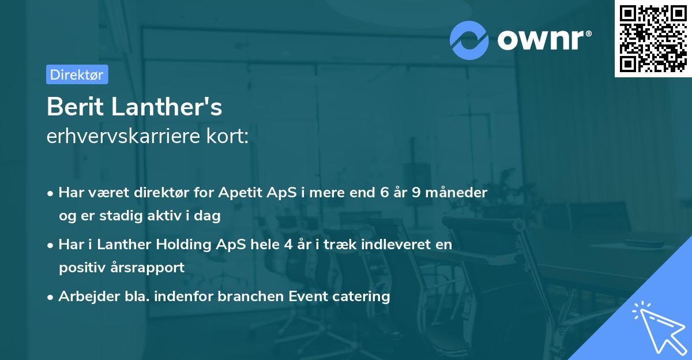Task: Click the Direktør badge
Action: point(77,74)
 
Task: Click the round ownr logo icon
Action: point(469,40)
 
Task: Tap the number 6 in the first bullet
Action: point(385,192)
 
